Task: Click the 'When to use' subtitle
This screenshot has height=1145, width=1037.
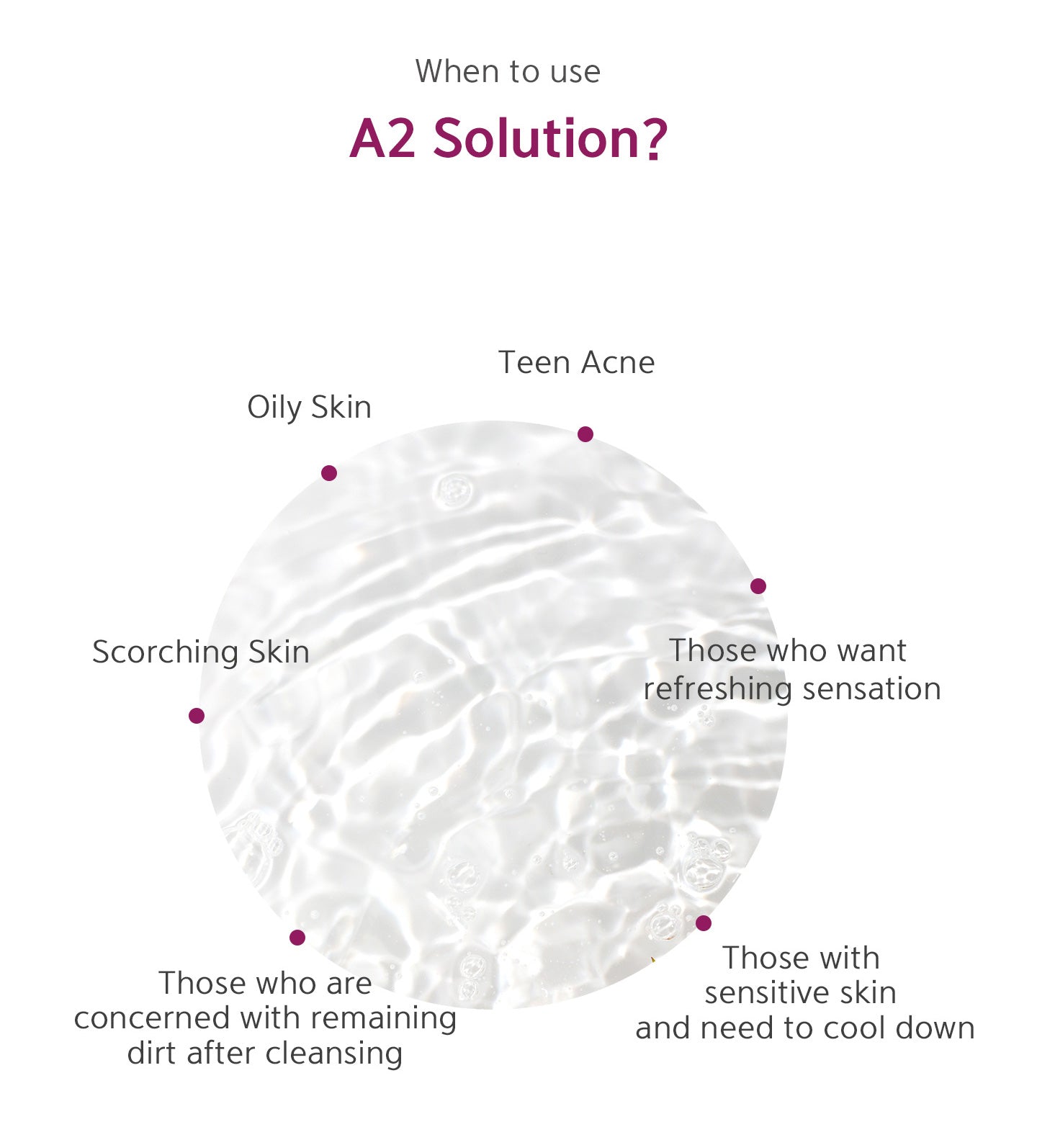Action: click(x=508, y=71)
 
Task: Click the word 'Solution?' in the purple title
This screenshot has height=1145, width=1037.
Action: click(x=550, y=138)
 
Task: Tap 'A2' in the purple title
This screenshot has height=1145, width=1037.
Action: click(x=383, y=138)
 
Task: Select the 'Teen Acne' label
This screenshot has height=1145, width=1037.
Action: click(x=577, y=362)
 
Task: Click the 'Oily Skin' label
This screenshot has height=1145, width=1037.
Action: click(x=310, y=408)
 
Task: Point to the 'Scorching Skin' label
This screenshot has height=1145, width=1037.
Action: click(x=201, y=652)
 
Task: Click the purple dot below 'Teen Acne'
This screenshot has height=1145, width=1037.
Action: click(x=585, y=434)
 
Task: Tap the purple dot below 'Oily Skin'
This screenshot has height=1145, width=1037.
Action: click(x=329, y=473)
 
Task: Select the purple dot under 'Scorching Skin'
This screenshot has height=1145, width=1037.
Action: click(x=197, y=716)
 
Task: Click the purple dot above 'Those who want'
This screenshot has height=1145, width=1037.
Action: click(x=758, y=586)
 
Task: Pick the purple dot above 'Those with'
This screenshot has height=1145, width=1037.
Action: click(x=704, y=923)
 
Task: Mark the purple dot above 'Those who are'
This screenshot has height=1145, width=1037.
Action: click(x=297, y=938)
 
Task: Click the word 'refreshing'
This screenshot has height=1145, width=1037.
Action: click(x=718, y=689)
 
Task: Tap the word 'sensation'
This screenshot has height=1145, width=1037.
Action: click(x=872, y=689)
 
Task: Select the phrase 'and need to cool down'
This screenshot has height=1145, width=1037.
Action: click(x=805, y=1028)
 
